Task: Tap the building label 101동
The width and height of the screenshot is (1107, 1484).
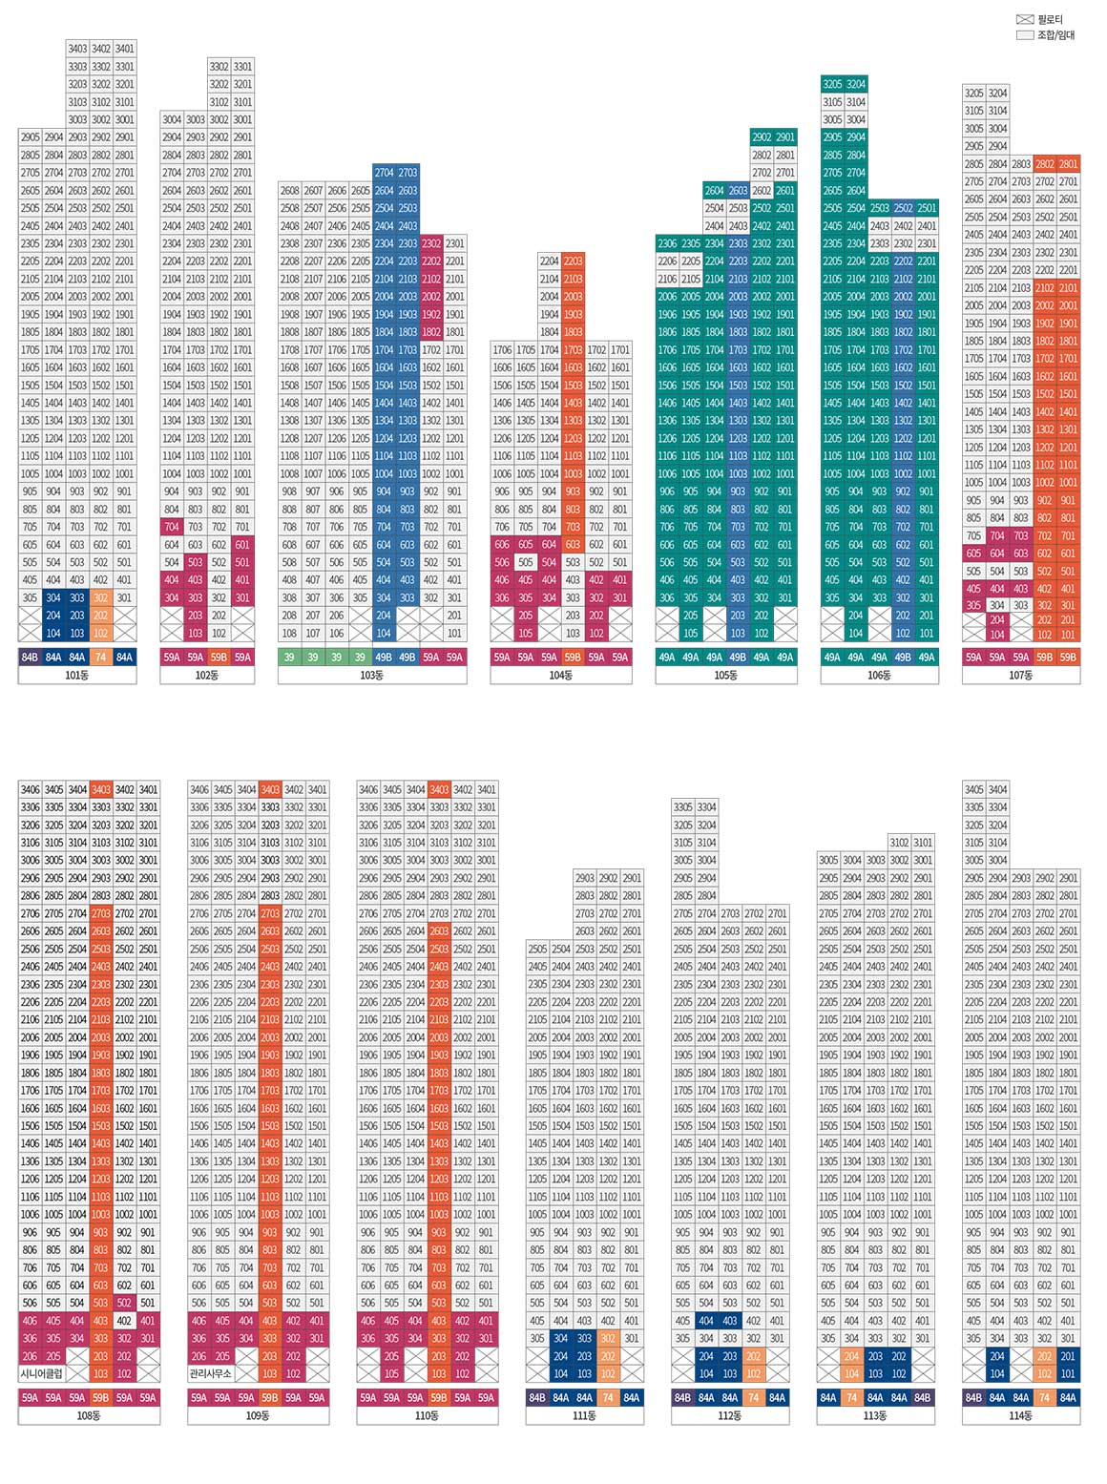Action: [77, 676]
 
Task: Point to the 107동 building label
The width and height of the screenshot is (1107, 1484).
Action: [1020, 676]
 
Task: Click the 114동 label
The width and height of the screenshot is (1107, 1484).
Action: [1020, 1416]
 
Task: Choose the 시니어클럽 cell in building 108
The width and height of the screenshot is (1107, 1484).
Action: [41, 1374]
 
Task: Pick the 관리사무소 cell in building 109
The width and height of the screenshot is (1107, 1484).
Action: [211, 1374]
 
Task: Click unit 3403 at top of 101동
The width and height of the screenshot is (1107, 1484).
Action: [77, 49]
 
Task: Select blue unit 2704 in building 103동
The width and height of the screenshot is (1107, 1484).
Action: [384, 173]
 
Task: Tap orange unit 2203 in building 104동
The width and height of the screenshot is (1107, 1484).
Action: [573, 261]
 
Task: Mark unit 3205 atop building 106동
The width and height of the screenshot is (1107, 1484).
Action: [832, 84]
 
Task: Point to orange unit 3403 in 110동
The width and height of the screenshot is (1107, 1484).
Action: [439, 790]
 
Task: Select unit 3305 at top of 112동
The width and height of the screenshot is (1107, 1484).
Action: [683, 807]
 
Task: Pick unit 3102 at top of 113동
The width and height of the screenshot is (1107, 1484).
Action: [899, 843]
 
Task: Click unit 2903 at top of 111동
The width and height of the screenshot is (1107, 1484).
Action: [584, 878]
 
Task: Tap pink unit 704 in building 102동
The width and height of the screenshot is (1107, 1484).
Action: [172, 527]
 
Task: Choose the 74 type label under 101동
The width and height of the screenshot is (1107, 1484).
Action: [101, 658]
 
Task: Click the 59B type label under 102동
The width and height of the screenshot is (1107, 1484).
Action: [219, 658]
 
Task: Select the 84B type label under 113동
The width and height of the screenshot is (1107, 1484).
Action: [922, 1398]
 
